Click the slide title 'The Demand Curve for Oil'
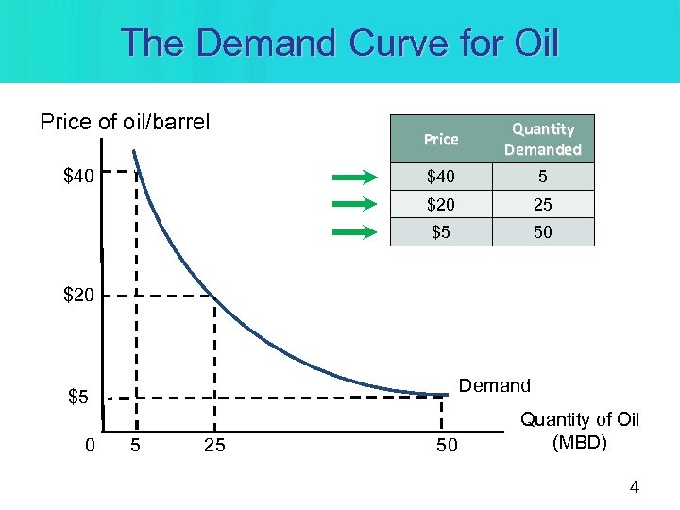(340, 42)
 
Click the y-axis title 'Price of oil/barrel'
(125, 122)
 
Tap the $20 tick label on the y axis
(78, 296)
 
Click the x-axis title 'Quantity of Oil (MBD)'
(579, 431)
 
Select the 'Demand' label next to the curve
(494, 385)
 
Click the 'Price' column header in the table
(441, 139)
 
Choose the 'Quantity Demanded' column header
(543, 139)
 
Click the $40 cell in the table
(441, 177)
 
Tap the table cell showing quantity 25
(543, 204)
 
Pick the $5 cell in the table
(441, 231)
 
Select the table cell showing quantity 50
(543, 231)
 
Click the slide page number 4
(634, 487)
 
